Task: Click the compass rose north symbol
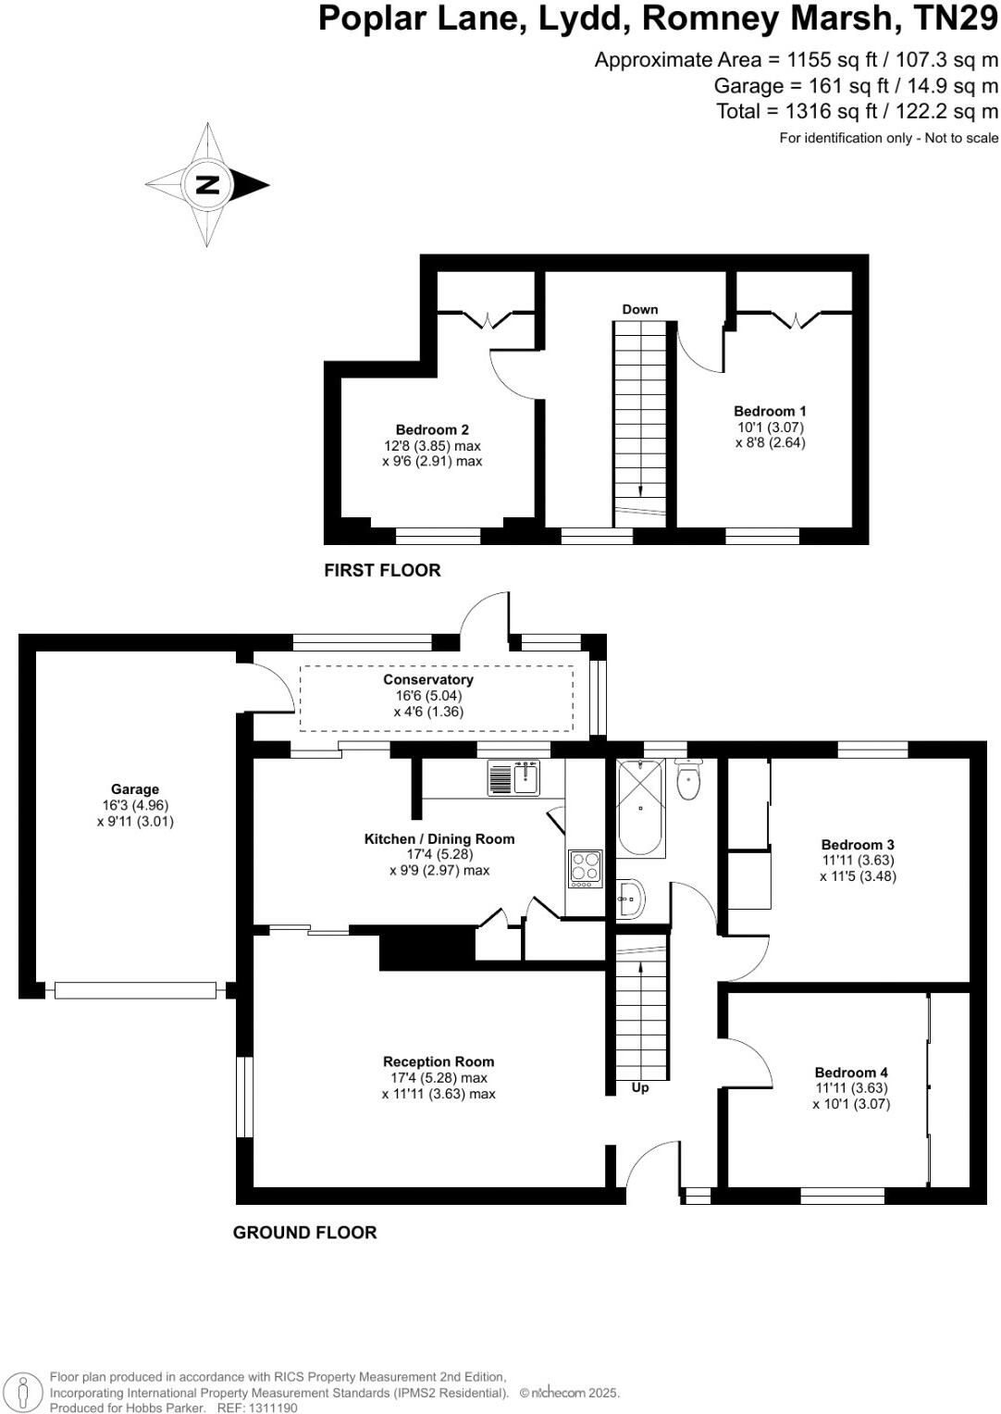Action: [208, 184]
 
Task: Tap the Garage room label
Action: [135, 789]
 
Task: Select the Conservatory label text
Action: [428, 679]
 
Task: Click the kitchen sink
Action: [513, 777]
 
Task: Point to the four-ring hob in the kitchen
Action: [585, 869]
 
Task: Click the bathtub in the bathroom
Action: [639, 808]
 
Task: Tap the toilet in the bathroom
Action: [689, 780]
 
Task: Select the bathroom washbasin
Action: [631, 898]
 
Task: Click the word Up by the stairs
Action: [640, 1087]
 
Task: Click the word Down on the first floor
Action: [639, 309]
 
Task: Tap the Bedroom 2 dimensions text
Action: [432, 453]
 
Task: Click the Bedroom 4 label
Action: [851, 1073]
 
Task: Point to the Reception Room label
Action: [439, 1061]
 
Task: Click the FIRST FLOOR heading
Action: [382, 570]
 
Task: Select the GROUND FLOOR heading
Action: [304, 1233]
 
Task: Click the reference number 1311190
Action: [268, 1408]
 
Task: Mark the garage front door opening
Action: [135, 990]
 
